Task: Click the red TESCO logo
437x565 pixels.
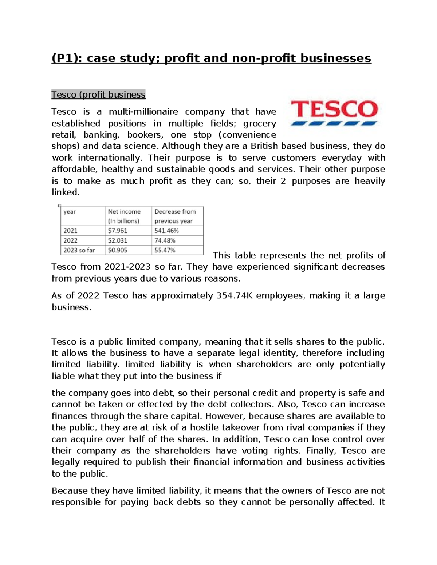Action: (334, 112)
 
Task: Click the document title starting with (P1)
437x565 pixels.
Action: (211, 58)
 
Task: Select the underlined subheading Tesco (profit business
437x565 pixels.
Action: (98, 95)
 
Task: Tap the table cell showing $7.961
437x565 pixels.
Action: (118, 231)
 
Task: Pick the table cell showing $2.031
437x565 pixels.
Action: (118, 240)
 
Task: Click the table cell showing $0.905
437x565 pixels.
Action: (118, 250)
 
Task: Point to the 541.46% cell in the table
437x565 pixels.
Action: (166, 231)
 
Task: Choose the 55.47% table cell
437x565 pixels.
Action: (165, 250)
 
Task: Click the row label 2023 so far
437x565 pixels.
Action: (79, 250)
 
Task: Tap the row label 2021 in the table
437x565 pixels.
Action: (70, 231)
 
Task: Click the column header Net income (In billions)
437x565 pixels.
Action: (124, 216)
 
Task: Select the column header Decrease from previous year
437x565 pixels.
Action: (175, 216)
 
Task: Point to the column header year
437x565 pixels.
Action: (70, 212)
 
